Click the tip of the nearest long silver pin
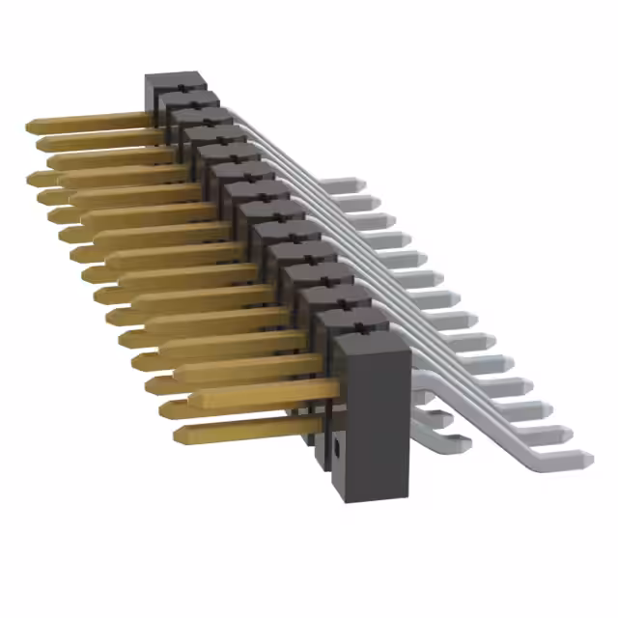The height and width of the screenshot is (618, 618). click(586, 457)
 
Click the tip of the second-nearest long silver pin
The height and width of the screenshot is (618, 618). click(571, 435)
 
